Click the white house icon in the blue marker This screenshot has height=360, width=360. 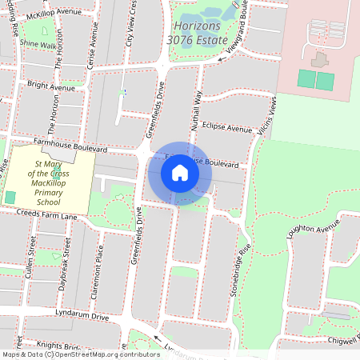(180, 173)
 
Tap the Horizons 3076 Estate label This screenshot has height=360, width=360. (197, 34)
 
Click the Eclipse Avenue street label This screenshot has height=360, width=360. (226, 128)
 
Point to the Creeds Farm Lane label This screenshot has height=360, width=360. (47, 216)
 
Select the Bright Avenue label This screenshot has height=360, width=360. (50, 86)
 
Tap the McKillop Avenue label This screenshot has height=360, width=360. (53, 13)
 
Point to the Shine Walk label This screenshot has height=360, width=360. (38, 45)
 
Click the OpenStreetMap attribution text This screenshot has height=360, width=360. (80, 354)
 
